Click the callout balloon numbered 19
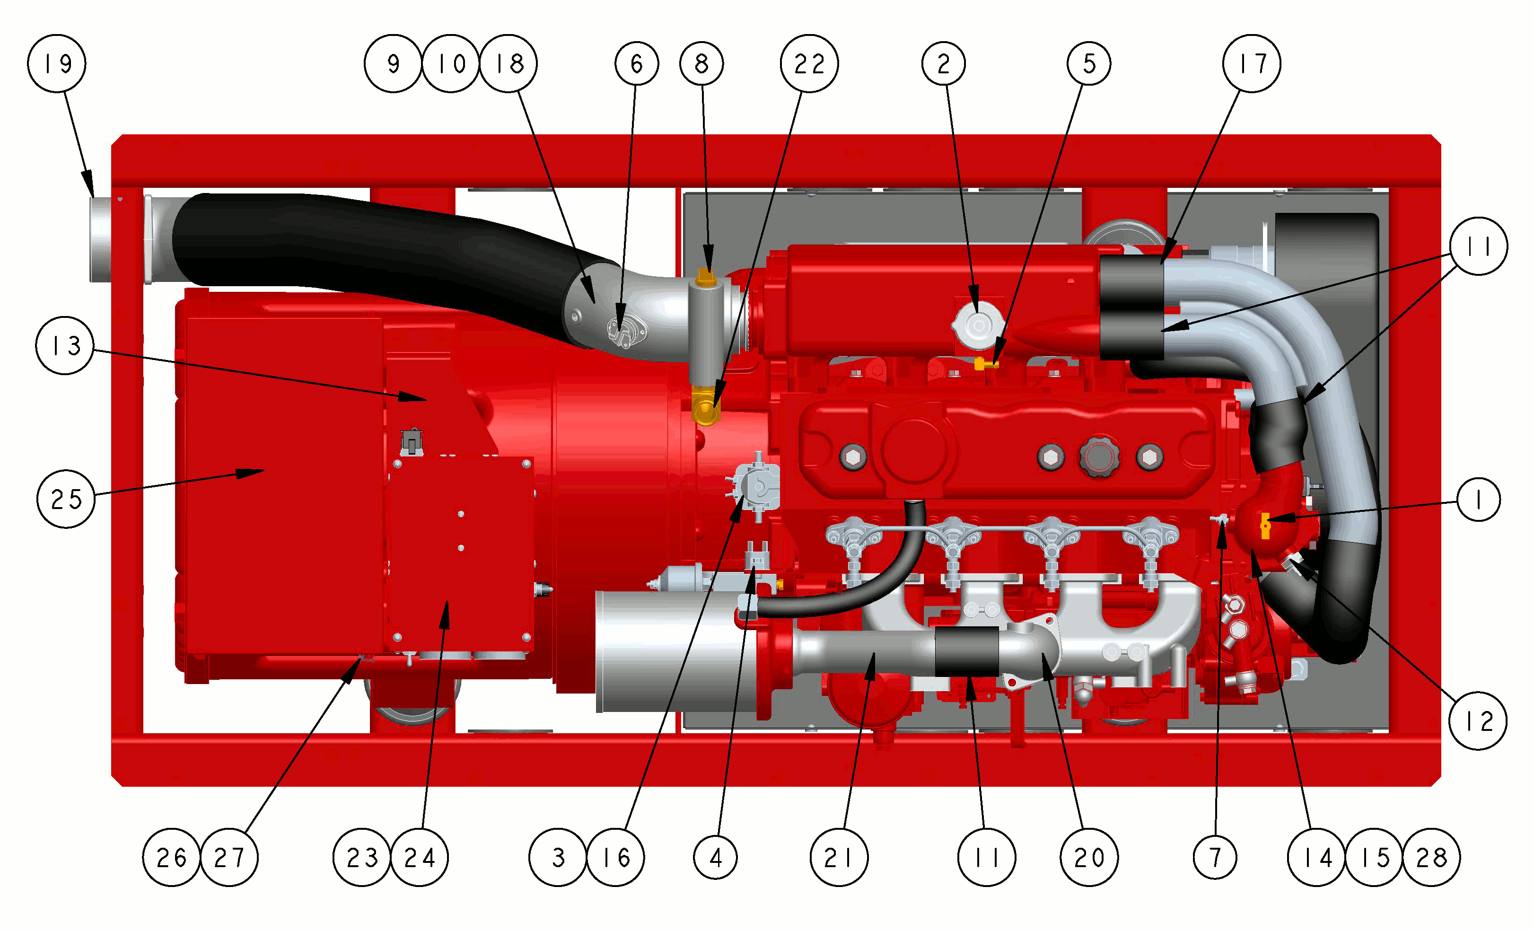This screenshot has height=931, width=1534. click(x=57, y=63)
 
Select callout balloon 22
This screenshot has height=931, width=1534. click(x=809, y=63)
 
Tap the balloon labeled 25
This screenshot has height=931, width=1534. click(x=66, y=499)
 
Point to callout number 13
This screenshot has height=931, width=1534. click(x=65, y=346)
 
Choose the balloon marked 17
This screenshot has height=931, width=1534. click(x=1251, y=63)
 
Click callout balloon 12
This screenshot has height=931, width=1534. click(x=1478, y=721)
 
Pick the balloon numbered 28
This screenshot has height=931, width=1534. click(x=1431, y=858)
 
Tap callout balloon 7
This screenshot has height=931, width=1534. click(x=1215, y=858)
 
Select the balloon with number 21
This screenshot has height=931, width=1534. click(x=839, y=858)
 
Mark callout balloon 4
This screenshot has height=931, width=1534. click(x=715, y=858)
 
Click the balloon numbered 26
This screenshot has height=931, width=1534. click(x=172, y=858)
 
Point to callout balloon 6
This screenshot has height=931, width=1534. click(x=636, y=63)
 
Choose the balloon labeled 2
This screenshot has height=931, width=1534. click(x=944, y=63)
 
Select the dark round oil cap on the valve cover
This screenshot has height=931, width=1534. click(x=1099, y=457)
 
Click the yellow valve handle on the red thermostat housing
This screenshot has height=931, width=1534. click(x=1265, y=526)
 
